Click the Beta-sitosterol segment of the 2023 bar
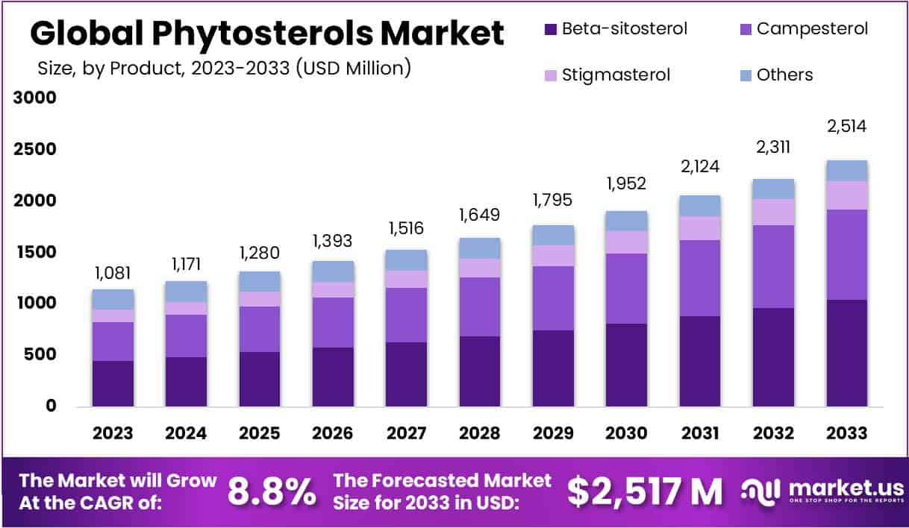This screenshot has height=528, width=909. click(113, 383)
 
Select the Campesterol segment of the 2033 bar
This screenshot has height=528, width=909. click(846, 254)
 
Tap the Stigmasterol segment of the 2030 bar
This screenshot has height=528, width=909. click(626, 242)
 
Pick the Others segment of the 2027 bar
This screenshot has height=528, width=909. click(406, 260)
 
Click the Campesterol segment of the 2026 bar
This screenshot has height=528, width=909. click(333, 322)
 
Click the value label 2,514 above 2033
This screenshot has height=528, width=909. click(846, 126)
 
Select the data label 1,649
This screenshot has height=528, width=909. click(479, 216)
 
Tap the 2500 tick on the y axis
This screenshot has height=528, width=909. click(36, 149)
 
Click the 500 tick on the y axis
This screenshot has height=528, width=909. click(40, 355)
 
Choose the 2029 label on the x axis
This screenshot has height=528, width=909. click(553, 433)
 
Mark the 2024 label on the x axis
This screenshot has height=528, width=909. click(186, 433)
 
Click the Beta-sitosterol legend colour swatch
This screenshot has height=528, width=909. click(551, 30)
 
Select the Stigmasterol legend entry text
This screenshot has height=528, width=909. click(616, 75)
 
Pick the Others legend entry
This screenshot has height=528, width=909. click(784, 75)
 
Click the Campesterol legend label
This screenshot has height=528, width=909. click(812, 30)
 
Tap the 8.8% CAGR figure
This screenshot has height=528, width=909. click(271, 491)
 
